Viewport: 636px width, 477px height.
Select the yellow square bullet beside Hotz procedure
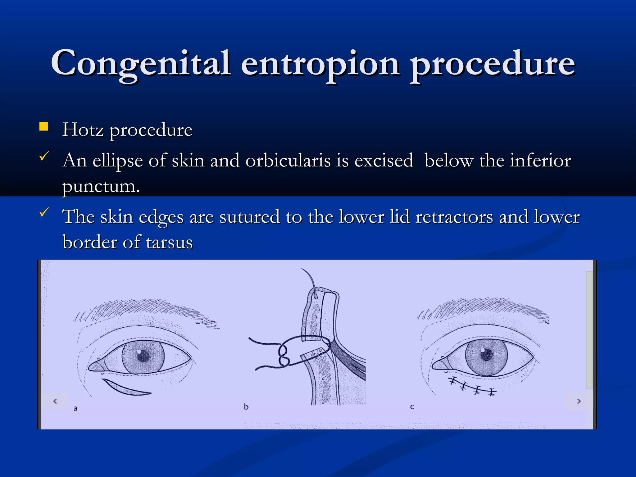(x=44, y=126)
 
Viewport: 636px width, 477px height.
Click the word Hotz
(x=83, y=129)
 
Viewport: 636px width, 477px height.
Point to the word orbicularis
(x=288, y=161)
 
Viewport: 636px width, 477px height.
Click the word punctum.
(x=101, y=186)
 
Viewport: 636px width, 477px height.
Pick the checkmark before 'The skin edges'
(x=44, y=212)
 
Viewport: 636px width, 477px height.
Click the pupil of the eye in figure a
(x=143, y=357)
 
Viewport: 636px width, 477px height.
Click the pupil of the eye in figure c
(x=487, y=354)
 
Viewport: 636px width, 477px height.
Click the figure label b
(x=246, y=407)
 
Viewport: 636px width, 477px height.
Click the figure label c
(x=412, y=407)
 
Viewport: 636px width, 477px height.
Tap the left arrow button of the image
(x=55, y=401)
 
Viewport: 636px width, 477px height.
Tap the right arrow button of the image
(x=579, y=401)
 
